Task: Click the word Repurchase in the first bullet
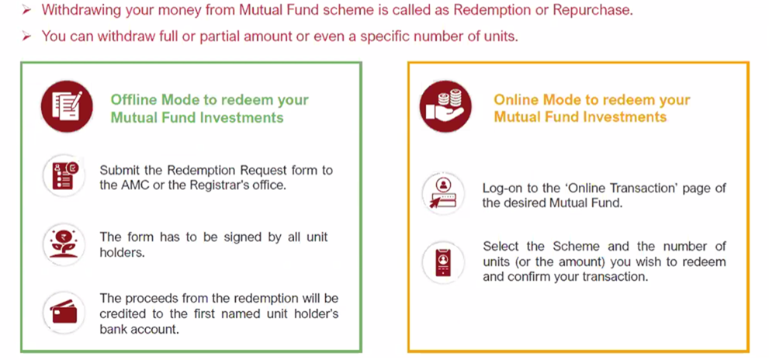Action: pos(592,10)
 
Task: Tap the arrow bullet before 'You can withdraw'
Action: pos(27,36)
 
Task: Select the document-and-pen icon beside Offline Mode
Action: pos(67,106)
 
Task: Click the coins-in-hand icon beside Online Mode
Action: pos(445,106)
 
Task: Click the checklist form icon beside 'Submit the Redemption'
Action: pos(64,175)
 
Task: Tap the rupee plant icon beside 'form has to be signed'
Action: pos(64,244)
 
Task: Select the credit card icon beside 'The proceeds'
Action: pos(64,313)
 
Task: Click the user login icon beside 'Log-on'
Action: pos(443,193)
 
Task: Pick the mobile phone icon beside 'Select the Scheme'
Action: pos(443,262)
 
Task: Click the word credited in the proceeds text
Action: pos(121,313)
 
